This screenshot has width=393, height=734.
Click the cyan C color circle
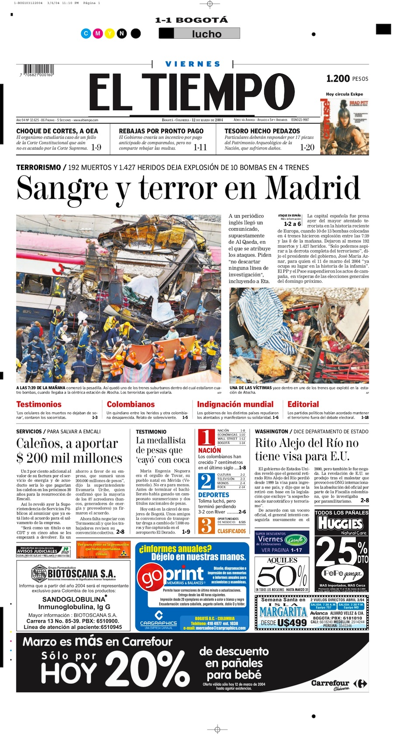tap(86, 33)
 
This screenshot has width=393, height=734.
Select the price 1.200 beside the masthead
tap(338, 79)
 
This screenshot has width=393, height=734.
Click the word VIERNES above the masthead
tap(193, 64)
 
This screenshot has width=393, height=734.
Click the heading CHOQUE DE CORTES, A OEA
tap(57, 131)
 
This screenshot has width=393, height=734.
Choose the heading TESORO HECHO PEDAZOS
tap(262, 131)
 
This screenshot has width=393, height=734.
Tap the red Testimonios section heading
tap(39, 404)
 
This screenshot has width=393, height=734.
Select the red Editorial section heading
tap(303, 404)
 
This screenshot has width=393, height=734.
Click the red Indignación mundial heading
tap(235, 404)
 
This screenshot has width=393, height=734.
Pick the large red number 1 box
tap(207, 437)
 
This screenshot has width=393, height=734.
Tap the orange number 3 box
tap(207, 525)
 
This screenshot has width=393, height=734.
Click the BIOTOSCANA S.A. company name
tap(81, 573)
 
